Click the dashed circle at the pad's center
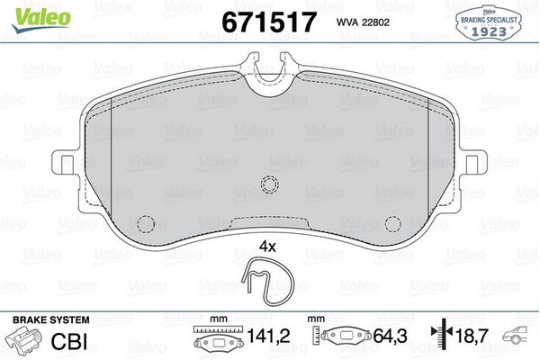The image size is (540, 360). (269, 185)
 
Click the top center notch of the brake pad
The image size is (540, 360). (269, 79)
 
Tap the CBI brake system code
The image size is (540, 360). (74, 342)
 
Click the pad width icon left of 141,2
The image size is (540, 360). (212, 342)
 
